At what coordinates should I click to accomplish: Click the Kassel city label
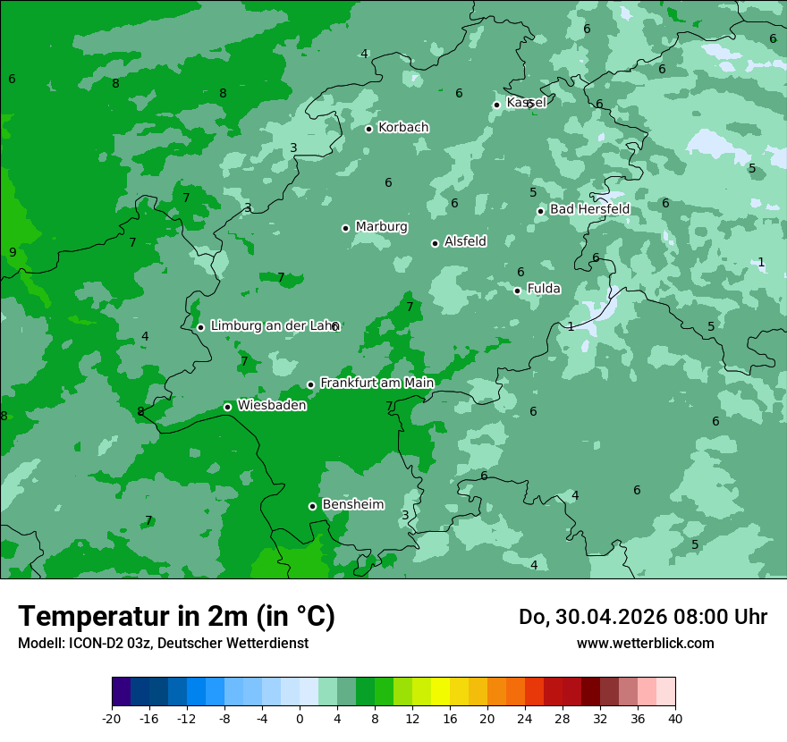[526, 103]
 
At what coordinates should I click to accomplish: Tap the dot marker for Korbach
[368, 129]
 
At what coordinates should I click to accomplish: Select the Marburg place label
[381, 227]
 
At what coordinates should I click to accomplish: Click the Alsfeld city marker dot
[435, 243]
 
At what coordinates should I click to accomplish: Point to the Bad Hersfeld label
[589, 209]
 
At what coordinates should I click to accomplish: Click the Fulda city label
[544, 289]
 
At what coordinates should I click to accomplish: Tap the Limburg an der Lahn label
[275, 326]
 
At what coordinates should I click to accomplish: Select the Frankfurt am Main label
[377, 383]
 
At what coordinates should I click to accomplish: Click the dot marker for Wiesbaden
[227, 407]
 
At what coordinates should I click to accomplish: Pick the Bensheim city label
[352, 504]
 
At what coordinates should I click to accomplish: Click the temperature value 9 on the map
[13, 252]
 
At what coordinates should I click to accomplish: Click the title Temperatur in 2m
[176, 616]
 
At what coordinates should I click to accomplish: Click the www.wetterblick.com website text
[645, 644]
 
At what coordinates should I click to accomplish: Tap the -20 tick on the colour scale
[112, 718]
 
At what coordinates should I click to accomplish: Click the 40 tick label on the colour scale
[675, 718]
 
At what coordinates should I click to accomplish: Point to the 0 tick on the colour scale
[300, 718]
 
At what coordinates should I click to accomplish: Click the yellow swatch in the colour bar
[440, 692]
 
